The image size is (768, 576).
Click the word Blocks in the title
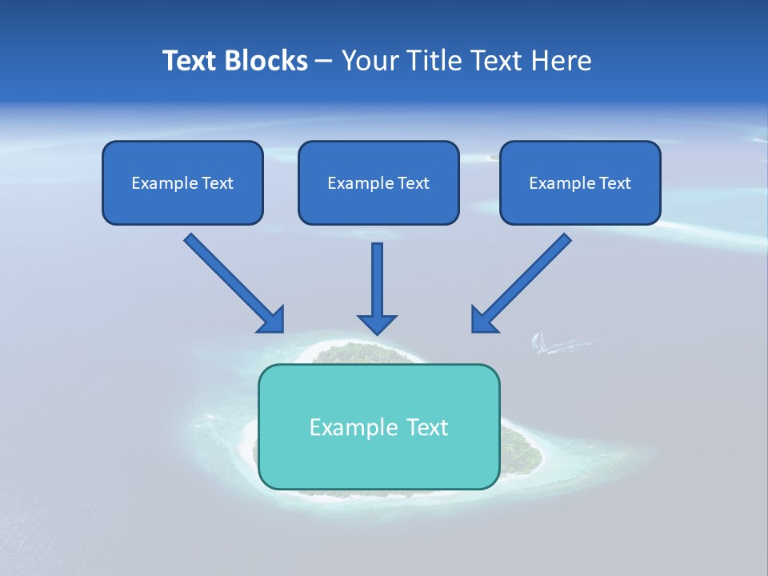(263, 61)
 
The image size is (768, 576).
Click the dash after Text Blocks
(324, 62)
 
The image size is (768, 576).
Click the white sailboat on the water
(538, 342)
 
